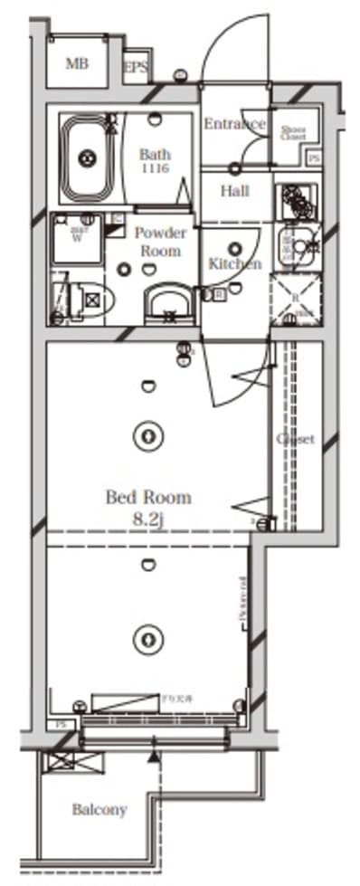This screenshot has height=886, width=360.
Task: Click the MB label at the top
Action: pyautogui.click(x=77, y=63)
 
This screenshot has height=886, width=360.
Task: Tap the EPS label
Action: pyautogui.click(x=136, y=67)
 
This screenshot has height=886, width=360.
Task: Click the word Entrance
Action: pyautogui.click(x=234, y=124)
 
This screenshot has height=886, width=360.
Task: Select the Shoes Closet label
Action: pyautogui.click(x=293, y=133)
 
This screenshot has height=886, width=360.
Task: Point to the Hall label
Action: pyautogui.click(x=234, y=191)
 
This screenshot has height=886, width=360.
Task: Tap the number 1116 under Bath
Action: pyautogui.click(x=154, y=169)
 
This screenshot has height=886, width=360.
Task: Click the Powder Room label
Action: pyautogui.click(x=159, y=242)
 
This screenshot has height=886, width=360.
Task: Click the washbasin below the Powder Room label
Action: pyautogui.click(x=167, y=300)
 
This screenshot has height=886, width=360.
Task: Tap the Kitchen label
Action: pyautogui.click(x=234, y=264)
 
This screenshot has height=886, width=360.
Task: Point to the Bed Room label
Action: pyautogui.click(x=149, y=497)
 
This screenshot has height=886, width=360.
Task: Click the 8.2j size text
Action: pyautogui.click(x=149, y=519)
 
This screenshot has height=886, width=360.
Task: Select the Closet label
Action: pyautogui.click(x=295, y=439)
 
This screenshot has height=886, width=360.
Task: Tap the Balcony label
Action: pyautogui.click(x=99, y=810)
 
